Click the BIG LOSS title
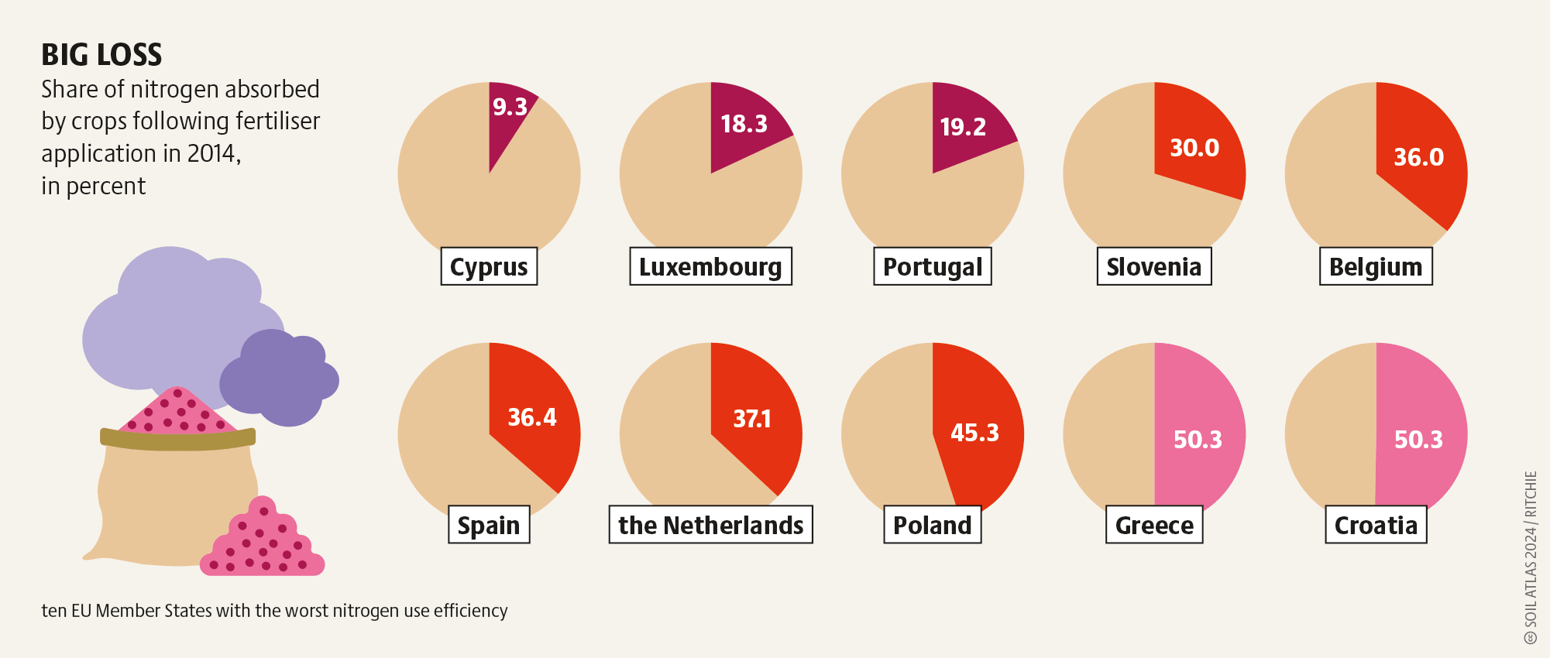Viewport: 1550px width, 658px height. pos(101,55)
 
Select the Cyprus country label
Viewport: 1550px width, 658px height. pos(489,266)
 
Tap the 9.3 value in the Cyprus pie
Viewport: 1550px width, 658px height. pos(510,107)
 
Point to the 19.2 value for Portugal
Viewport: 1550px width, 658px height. pos(963,127)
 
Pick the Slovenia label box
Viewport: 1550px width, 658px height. pos(1154,266)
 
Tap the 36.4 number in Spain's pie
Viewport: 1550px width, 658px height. pos(532,417)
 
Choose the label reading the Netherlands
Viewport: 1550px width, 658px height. pos(711,525)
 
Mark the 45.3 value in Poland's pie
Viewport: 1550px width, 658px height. pos(974,432)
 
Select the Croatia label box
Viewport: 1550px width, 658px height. pos(1376,525)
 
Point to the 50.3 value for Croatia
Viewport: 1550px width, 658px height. pos(1418,440)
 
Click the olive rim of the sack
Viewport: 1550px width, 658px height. pos(178,439)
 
